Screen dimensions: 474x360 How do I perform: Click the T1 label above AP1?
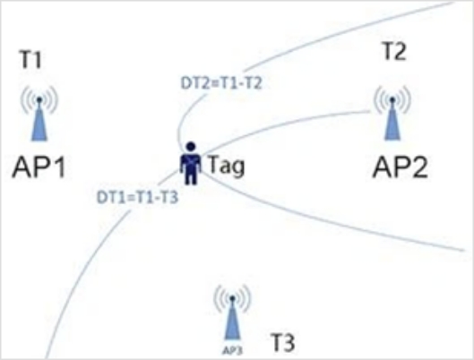pyautogui.click(x=30, y=59)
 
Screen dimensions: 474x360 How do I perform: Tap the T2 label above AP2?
pyautogui.click(x=394, y=51)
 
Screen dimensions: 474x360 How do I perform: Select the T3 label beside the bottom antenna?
pyautogui.click(x=283, y=342)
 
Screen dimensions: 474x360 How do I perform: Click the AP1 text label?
pyautogui.click(x=39, y=167)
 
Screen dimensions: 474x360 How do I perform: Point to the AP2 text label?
pyautogui.click(x=401, y=167)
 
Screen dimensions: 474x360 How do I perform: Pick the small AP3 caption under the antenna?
pyautogui.click(x=232, y=350)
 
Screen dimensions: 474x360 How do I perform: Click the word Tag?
pyautogui.click(x=226, y=166)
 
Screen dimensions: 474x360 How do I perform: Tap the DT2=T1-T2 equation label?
pyautogui.click(x=221, y=83)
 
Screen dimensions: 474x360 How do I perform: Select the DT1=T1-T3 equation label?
pyautogui.click(x=138, y=198)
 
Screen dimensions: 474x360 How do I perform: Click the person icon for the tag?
pyautogui.click(x=191, y=163)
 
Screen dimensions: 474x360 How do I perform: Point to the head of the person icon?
pyautogui.click(x=191, y=147)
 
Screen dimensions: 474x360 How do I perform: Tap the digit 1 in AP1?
pyautogui.click(x=59, y=167)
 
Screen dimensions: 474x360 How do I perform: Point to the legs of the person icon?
pyautogui.click(x=191, y=177)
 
